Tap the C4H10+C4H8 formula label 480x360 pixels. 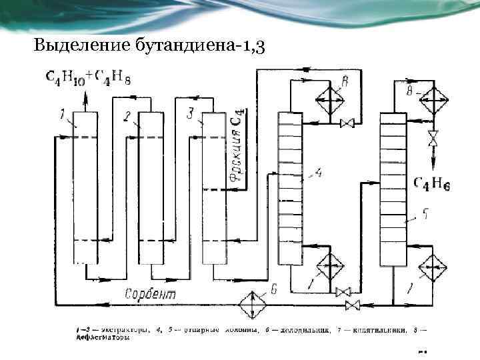point(88,77)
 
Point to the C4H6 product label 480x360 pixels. point(432,183)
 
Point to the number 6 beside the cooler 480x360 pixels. point(274,289)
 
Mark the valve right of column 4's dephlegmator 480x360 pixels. point(347,123)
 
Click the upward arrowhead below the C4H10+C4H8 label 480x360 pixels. point(84,97)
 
